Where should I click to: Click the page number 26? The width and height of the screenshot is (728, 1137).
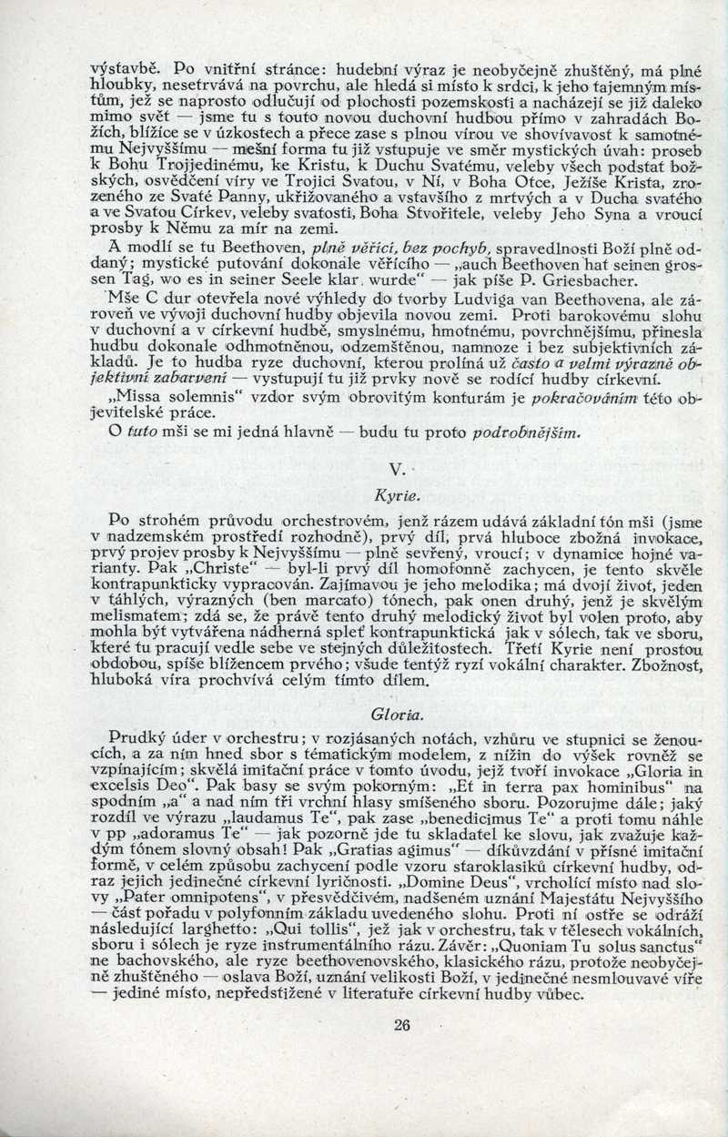point(403,1026)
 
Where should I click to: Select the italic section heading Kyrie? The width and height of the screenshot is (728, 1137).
point(396,497)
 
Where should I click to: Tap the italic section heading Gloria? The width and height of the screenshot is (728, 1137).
point(394,712)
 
